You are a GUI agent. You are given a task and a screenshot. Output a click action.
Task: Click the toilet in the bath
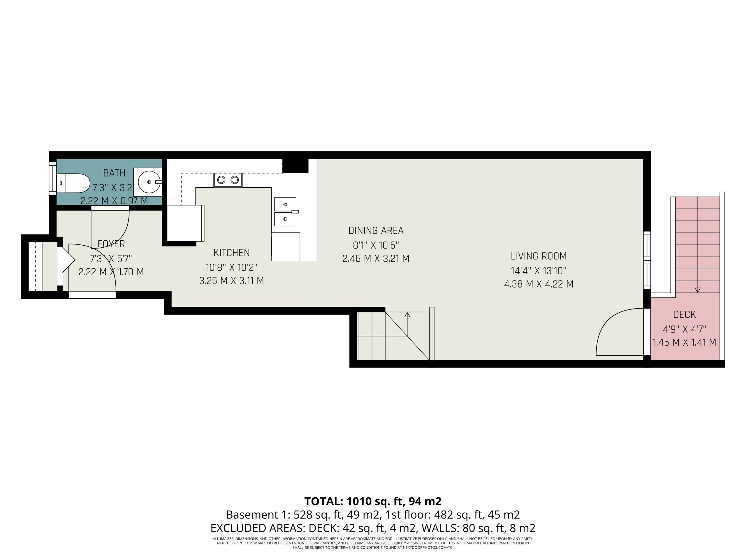pyautogui.click(x=73, y=183)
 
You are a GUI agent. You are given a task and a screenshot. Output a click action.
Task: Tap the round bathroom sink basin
pyautogui.click(x=149, y=182)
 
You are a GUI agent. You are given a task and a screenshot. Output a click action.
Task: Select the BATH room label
pyautogui.click(x=114, y=173)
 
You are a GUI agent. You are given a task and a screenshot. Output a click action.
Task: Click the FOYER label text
pyautogui.click(x=111, y=244)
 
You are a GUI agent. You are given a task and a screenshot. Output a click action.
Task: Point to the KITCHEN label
pyautogui.click(x=232, y=253)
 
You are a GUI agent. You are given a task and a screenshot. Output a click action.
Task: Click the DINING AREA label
pyautogui.click(x=376, y=230)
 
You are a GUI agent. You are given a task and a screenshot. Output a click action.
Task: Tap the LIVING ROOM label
pyautogui.click(x=539, y=256)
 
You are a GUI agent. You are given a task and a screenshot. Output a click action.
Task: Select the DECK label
pyautogui.click(x=685, y=315)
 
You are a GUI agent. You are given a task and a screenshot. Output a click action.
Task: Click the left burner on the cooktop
pyautogui.click(x=221, y=180)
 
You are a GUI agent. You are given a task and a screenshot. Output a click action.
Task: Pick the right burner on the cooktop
pyautogui.click(x=235, y=180)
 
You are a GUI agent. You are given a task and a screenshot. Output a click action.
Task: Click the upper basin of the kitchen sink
pyautogui.click(x=285, y=204)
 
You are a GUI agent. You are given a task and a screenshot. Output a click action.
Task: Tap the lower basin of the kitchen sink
pyautogui.click(x=285, y=219)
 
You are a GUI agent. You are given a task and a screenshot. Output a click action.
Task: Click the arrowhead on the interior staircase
pyautogui.click(x=407, y=315)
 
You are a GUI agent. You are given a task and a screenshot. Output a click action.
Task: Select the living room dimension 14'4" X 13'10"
pyautogui.click(x=539, y=271)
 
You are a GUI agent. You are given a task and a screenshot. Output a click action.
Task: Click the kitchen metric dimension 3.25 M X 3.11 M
pyautogui.click(x=232, y=281)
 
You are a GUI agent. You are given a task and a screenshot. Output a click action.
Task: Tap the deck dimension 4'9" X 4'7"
pyautogui.click(x=685, y=329)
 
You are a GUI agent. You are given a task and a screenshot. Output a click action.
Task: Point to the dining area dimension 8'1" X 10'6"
pyautogui.click(x=376, y=245)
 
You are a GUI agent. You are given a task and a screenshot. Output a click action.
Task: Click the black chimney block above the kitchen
pyautogui.click(x=295, y=166)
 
